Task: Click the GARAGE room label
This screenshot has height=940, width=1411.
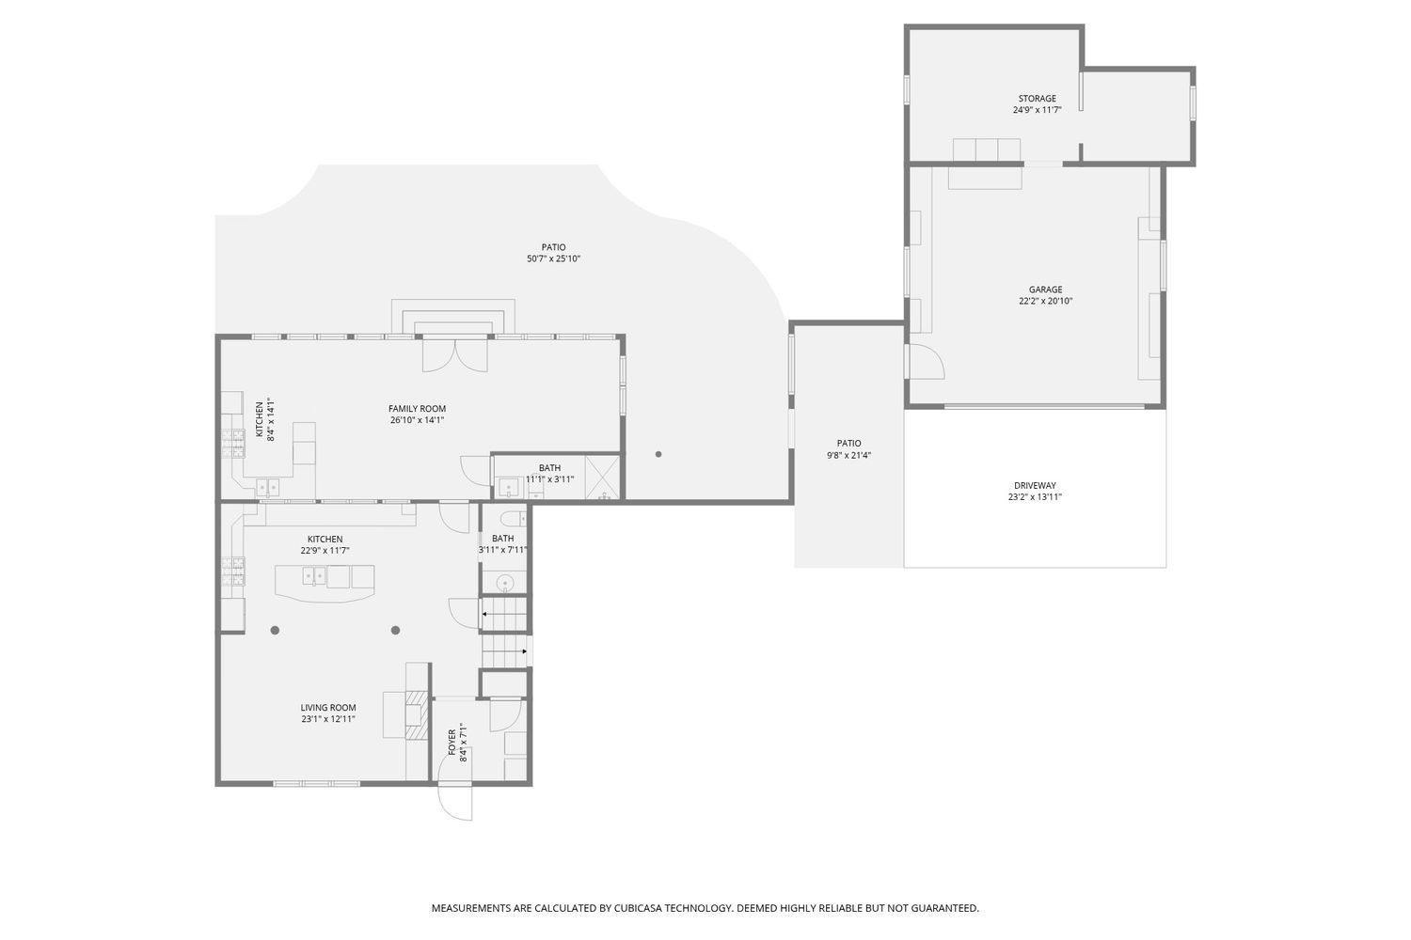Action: tap(1045, 290)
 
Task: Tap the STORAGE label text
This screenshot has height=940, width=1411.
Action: tap(1037, 98)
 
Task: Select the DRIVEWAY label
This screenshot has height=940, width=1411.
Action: tap(1035, 485)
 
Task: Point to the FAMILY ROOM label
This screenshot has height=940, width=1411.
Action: tap(417, 409)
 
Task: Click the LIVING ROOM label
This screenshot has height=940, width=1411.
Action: tap(328, 708)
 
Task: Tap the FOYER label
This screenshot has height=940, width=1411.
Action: tap(452, 743)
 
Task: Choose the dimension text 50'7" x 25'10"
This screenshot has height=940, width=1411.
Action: tap(554, 258)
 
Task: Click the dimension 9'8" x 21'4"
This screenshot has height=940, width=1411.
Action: tap(849, 455)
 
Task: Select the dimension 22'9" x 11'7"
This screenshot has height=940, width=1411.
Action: tap(325, 550)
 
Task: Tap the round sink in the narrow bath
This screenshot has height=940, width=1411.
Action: tap(504, 584)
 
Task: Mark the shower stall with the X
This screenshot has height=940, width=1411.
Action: tap(602, 478)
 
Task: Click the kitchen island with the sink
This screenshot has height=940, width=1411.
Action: tap(325, 582)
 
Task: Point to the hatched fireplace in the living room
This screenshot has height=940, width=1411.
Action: tap(417, 714)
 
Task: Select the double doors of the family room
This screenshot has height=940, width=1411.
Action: tap(454, 355)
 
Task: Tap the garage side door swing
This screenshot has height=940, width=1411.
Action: tap(925, 361)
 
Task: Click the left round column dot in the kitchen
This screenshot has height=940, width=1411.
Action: tap(276, 630)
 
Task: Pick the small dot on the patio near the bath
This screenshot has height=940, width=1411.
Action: tap(658, 454)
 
